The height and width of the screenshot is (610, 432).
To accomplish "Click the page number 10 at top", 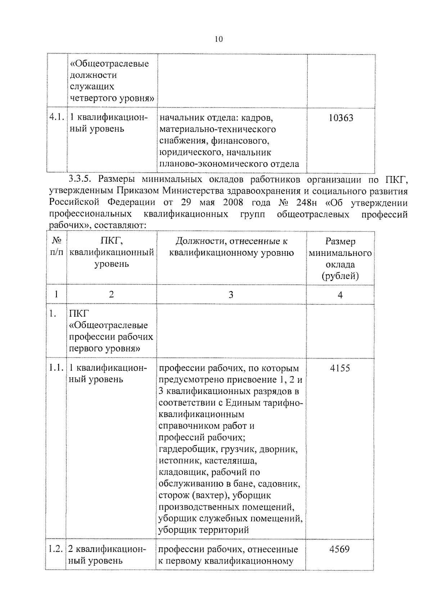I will coord(219,39).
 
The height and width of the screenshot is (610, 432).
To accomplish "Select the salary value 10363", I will coord(341,118).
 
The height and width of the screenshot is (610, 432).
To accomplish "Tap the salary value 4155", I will coord(340,368).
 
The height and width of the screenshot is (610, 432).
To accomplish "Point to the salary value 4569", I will coord(339,549).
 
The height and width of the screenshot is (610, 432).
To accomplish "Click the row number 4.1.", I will coord(57,118).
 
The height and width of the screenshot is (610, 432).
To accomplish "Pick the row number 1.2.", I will coord(56,549).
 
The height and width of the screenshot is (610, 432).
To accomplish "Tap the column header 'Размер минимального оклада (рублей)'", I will coord(340,258).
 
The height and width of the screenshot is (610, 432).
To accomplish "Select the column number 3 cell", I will coord(231,295).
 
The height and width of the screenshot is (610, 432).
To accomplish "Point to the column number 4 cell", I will coord(340,295).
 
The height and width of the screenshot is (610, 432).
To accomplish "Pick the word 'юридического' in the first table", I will coord(186,152).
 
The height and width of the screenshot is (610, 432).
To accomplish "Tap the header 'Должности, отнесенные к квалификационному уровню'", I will coord(231,247).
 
